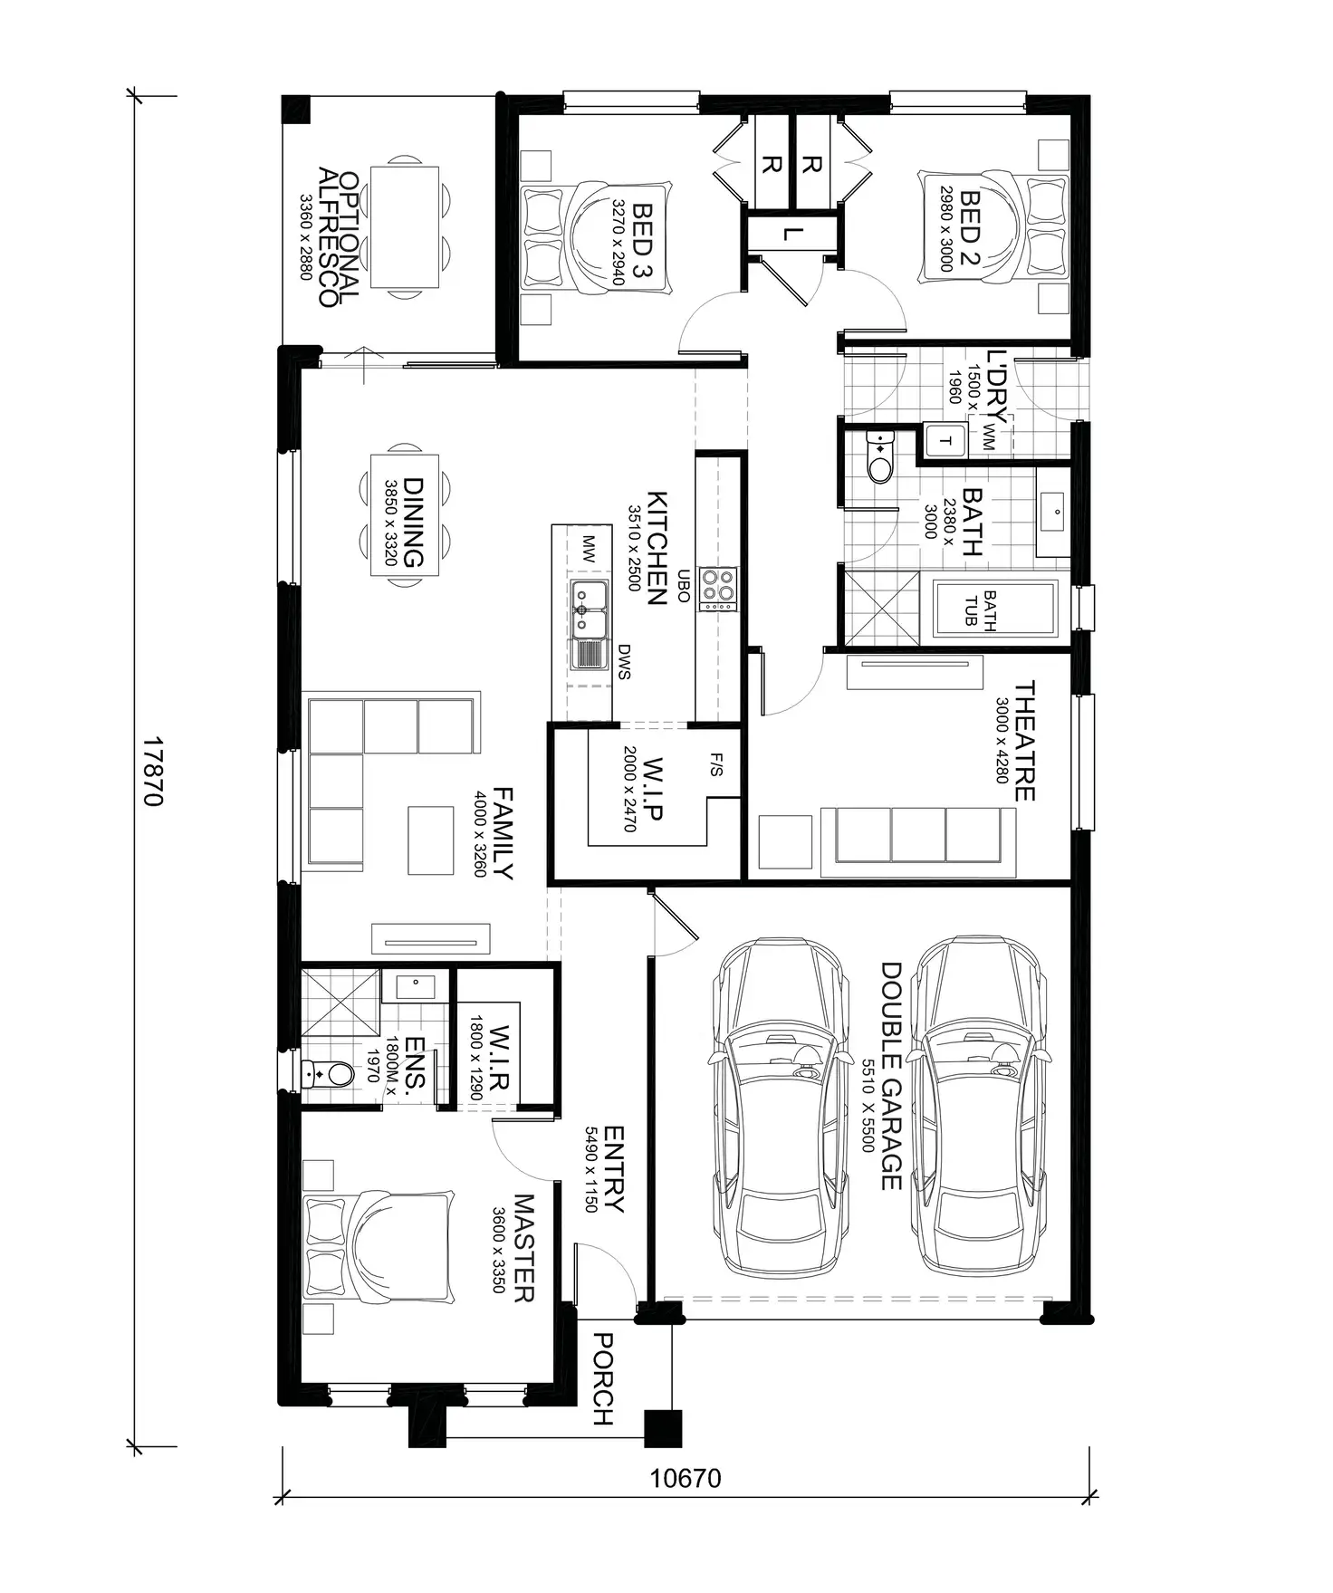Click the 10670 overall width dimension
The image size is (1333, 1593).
[x=686, y=1478]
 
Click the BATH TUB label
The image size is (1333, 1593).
[x=981, y=609]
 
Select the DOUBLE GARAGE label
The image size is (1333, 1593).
[x=892, y=1075]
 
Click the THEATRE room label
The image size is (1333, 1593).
[x=1023, y=741]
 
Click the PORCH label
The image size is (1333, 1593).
[x=602, y=1378]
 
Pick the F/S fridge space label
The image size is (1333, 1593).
[x=715, y=765]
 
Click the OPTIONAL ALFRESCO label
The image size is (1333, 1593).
[x=339, y=237]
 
